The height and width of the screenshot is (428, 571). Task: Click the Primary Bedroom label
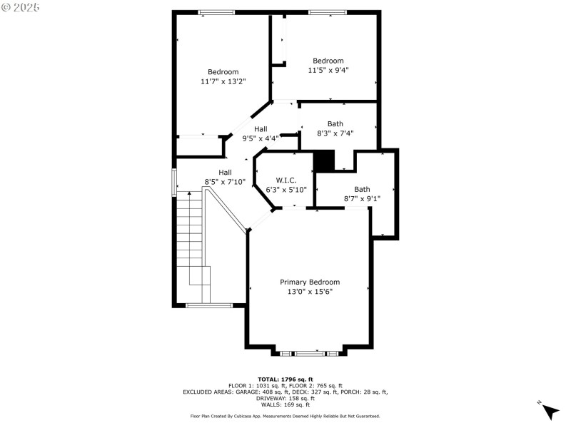pyautogui.click(x=309, y=282)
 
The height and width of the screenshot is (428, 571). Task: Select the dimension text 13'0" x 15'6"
pyautogui.click(x=309, y=292)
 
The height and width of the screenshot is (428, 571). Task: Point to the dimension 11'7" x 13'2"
pyautogui.click(x=223, y=82)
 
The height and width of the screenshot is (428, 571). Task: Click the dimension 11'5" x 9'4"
pyautogui.click(x=328, y=71)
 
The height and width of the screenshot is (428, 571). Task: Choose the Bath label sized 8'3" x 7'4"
pyautogui.click(x=335, y=123)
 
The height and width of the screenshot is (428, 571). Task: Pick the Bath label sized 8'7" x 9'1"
pyautogui.click(x=362, y=189)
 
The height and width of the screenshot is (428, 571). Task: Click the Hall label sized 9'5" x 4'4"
pyautogui.click(x=261, y=129)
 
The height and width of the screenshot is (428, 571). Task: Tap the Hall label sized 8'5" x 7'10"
pyautogui.click(x=225, y=172)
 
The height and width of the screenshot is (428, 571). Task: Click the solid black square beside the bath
pyautogui.click(x=323, y=160)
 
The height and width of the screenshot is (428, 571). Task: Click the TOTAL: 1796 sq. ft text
pyautogui.click(x=285, y=379)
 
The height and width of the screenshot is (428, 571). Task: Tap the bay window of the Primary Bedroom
pyautogui.click(x=309, y=352)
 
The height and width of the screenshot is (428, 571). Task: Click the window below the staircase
pyautogui.click(x=209, y=305)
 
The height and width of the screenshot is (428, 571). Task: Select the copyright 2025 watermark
pyautogui.click(x=21, y=6)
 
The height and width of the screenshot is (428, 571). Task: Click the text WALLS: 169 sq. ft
pyautogui.click(x=285, y=404)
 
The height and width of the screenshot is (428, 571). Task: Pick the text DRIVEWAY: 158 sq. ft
pyautogui.click(x=285, y=398)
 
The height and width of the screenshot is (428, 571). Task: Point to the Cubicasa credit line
pyautogui.click(x=285, y=416)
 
